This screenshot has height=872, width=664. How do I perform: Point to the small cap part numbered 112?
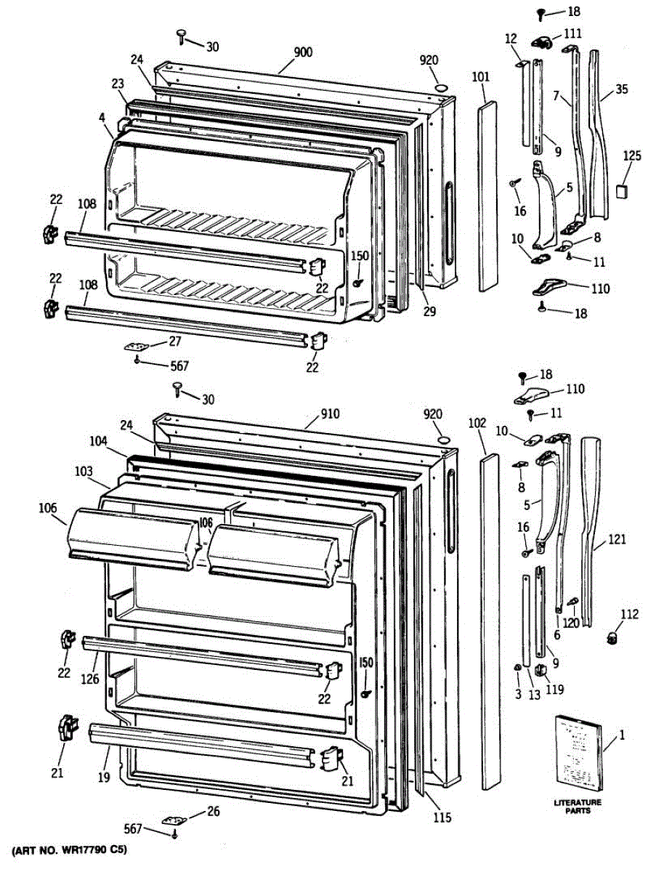tap(611, 637)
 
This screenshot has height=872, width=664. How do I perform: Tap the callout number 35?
tap(621, 89)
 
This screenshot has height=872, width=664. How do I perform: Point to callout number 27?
tap(175, 341)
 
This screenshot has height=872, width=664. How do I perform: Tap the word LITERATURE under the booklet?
tap(578, 802)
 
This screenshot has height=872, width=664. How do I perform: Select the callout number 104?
tap(99, 441)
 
